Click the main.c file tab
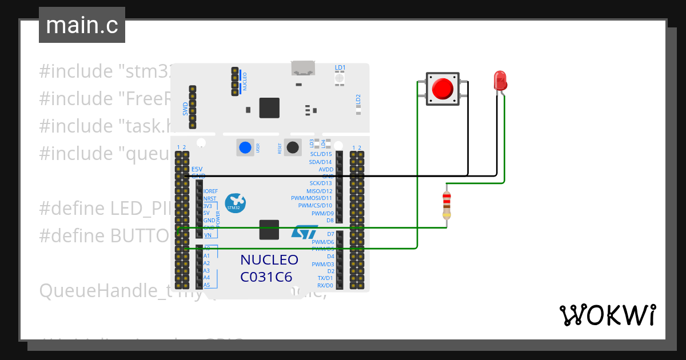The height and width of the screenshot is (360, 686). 81,25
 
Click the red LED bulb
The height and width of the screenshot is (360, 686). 500,80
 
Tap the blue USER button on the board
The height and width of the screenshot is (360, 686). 245,147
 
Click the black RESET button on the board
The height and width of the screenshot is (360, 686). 293,147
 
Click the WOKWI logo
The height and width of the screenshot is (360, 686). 607,315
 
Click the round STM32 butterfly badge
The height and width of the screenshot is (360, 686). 235,203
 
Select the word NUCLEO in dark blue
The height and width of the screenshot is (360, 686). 269,260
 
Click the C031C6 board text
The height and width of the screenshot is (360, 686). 266,277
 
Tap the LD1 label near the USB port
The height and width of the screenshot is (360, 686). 340,67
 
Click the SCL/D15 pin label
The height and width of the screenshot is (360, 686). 321,154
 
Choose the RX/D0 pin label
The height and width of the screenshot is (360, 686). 325,285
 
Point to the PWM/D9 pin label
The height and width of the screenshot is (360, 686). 322,213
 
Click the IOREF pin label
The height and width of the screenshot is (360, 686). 210,191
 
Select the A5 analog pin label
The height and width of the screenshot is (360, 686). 206,285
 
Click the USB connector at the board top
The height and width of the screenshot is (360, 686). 304,69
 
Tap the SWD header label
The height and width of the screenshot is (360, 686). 185,109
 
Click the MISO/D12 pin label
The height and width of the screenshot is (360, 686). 319,191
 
